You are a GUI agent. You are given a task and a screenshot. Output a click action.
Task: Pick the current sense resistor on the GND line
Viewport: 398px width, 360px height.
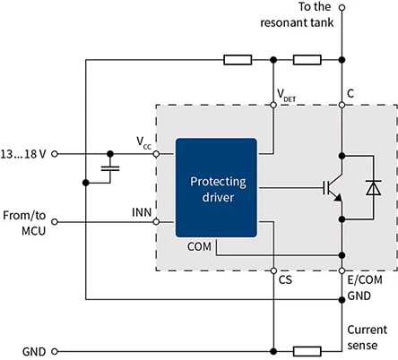307,351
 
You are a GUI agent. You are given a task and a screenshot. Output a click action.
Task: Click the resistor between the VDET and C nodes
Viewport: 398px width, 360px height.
307,61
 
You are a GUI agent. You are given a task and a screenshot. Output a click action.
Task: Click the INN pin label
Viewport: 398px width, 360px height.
142,212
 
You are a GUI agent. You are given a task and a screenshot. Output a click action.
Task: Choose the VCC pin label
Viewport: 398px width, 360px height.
143,141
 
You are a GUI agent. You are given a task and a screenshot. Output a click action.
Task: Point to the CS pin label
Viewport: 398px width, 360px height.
285,280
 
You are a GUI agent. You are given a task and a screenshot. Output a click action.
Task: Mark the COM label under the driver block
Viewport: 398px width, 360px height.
198,244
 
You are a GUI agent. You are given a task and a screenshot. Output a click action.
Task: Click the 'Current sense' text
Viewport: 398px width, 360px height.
368,337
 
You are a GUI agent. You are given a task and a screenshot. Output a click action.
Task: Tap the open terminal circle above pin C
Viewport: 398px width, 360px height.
342,8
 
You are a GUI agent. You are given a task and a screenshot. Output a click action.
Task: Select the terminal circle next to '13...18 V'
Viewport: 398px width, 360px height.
56,153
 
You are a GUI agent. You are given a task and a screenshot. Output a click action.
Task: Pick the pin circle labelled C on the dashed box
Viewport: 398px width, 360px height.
342,105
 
